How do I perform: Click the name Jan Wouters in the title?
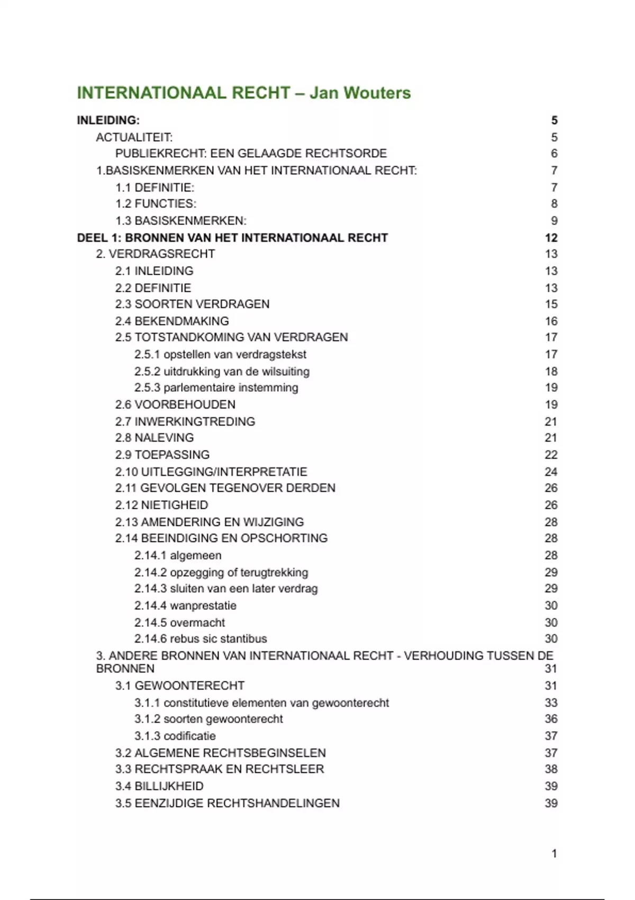(x=360, y=93)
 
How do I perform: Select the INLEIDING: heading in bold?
(x=108, y=120)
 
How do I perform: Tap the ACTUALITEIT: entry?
(x=134, y=138)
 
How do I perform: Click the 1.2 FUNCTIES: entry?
(x=156, y=204)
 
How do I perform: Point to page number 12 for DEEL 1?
(x=551, y=238)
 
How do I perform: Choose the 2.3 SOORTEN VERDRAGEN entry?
(x=192, y=304)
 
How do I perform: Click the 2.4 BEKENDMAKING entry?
(x=172, y=321)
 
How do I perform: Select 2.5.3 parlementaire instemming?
(x=216, y=388)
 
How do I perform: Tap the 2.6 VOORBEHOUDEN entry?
(x=175, y=404)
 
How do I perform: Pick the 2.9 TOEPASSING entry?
(x=162, y=455)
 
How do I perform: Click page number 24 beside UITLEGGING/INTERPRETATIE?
(x=551, y=472)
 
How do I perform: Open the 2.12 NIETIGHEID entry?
(x=161, y=505)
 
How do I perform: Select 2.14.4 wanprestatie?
(x=185, y=606)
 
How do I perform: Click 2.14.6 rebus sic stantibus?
(x=201, y=638)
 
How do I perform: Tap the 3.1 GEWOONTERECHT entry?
(x=180, y=686)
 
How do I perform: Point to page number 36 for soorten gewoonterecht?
(x=551, y=719)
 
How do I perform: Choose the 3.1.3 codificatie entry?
(x=175, y=736)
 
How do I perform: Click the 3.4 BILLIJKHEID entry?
(x=159, y=786)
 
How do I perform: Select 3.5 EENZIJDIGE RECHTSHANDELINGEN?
(x=228, y=803)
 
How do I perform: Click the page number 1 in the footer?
(x=554, y=853)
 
